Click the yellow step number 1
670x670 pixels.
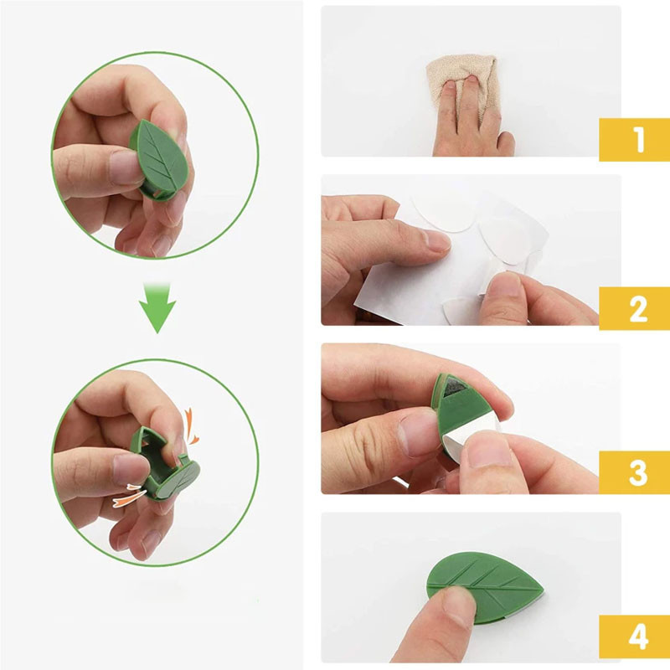click(x=639, y=139)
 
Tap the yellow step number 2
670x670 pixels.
click(x=638, y=308)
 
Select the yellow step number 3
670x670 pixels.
click(x=638, y=472)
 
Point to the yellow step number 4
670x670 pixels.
click(x=638, y=636)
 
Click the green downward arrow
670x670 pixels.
click(x=157, y=307)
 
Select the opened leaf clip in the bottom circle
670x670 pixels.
click(x=164, y=463)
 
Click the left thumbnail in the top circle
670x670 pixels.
click(x=125, y=167)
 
